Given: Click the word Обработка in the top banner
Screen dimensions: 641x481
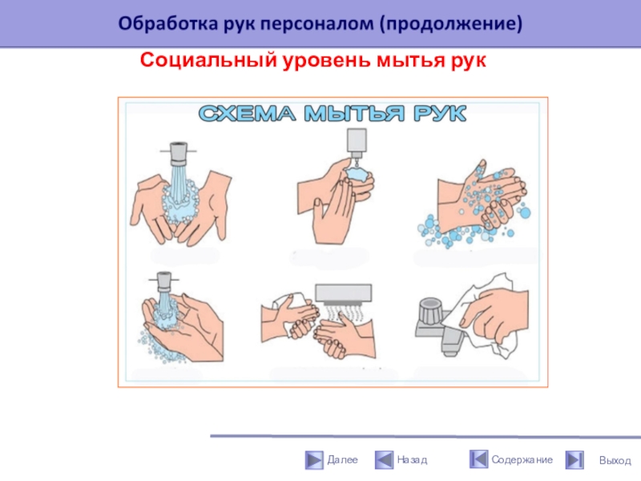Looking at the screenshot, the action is click(168, 23).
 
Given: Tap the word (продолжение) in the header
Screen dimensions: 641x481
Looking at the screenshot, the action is click(450, 24).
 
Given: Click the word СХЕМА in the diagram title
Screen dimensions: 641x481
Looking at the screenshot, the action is click(247, 113).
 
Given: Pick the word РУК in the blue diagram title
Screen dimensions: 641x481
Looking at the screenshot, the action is click(440, 113).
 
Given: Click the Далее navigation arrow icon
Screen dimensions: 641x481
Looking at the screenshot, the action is click(314, 459).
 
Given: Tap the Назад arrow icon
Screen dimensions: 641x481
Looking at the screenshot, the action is click(384, 459).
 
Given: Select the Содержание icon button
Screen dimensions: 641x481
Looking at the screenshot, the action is click(478, 459).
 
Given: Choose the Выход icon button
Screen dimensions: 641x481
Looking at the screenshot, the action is click(574, 459).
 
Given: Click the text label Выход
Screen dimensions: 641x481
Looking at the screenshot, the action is click(615, 460).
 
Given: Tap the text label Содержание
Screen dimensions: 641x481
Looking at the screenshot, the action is click(522, 459).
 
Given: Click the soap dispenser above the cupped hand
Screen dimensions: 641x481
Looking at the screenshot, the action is click(357, 143).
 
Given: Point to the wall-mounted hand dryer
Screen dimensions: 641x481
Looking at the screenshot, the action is click(344, 293).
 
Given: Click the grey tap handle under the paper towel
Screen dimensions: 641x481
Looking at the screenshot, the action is click(430, 312).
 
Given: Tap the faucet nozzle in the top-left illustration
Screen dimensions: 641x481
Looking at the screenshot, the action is click(179, 152).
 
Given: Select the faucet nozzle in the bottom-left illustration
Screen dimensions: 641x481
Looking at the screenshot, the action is click(164, 281).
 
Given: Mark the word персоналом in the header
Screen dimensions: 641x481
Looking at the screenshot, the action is click(316, 24).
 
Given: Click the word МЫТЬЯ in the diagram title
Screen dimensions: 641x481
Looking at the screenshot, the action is click(354, 113).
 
